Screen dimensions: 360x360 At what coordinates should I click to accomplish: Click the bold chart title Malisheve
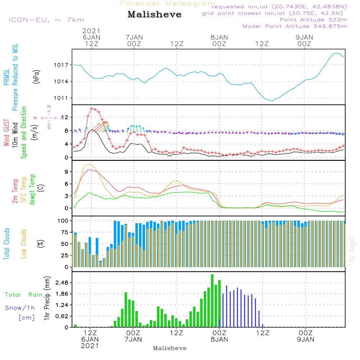click(154, 15)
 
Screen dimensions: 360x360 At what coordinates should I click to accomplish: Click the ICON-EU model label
click(46, 19)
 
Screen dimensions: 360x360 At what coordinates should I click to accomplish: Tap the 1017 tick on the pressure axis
click(62, 65)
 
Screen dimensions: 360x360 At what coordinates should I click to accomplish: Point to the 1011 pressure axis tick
click(62, 98)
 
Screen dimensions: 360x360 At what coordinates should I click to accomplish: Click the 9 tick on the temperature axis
click(66, 172)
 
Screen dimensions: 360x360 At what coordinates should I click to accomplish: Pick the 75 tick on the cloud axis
click(64, 233)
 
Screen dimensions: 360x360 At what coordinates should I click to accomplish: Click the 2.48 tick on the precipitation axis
click(61, 283)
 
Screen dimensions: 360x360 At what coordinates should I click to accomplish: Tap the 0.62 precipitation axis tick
click(61, 316)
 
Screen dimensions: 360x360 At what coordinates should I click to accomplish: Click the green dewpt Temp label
click(32, 189)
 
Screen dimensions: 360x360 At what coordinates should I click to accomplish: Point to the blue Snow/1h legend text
click(20, 308)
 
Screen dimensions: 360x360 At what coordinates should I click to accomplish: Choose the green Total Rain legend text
click(23, 295)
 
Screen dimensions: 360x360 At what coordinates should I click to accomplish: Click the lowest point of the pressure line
click(272, 101)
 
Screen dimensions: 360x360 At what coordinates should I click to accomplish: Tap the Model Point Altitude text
click(295, 26)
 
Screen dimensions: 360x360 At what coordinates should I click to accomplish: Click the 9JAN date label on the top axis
click(304, 37)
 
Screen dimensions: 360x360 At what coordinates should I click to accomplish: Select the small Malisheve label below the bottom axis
click(170, 348)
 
